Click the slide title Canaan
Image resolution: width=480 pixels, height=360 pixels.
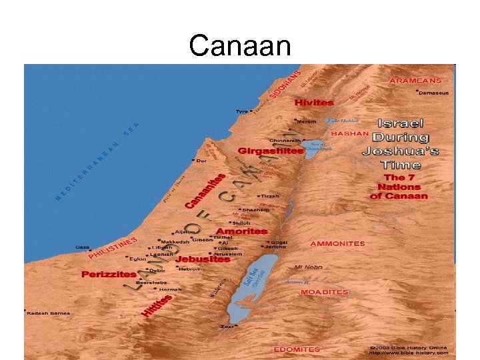point(239,45)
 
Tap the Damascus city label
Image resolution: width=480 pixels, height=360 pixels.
point(434,93)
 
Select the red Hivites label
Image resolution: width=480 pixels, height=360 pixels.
point(314,103)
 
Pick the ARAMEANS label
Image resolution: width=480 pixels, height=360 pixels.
point(424,79)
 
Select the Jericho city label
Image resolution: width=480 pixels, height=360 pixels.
point(281,248)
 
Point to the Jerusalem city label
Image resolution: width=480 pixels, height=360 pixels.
point(229,254)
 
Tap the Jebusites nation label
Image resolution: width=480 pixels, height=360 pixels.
point(203,259)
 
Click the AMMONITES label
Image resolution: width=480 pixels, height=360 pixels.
point(337,243)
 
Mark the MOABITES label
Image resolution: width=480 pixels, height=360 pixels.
point(325,292)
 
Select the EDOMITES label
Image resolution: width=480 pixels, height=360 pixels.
point(297,349)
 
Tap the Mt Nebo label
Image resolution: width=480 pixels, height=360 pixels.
point(308,267)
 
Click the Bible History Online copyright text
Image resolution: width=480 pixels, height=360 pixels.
point(410,349)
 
